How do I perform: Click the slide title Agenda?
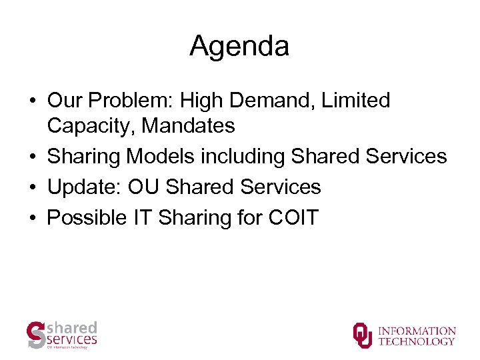239,46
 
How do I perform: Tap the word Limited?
356,101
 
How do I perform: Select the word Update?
83,187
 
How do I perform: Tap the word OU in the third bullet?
144,187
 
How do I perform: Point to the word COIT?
293,218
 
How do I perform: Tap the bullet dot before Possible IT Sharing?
32,219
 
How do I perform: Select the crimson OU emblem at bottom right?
363,335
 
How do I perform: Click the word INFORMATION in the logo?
417,331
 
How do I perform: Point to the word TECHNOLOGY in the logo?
417,341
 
